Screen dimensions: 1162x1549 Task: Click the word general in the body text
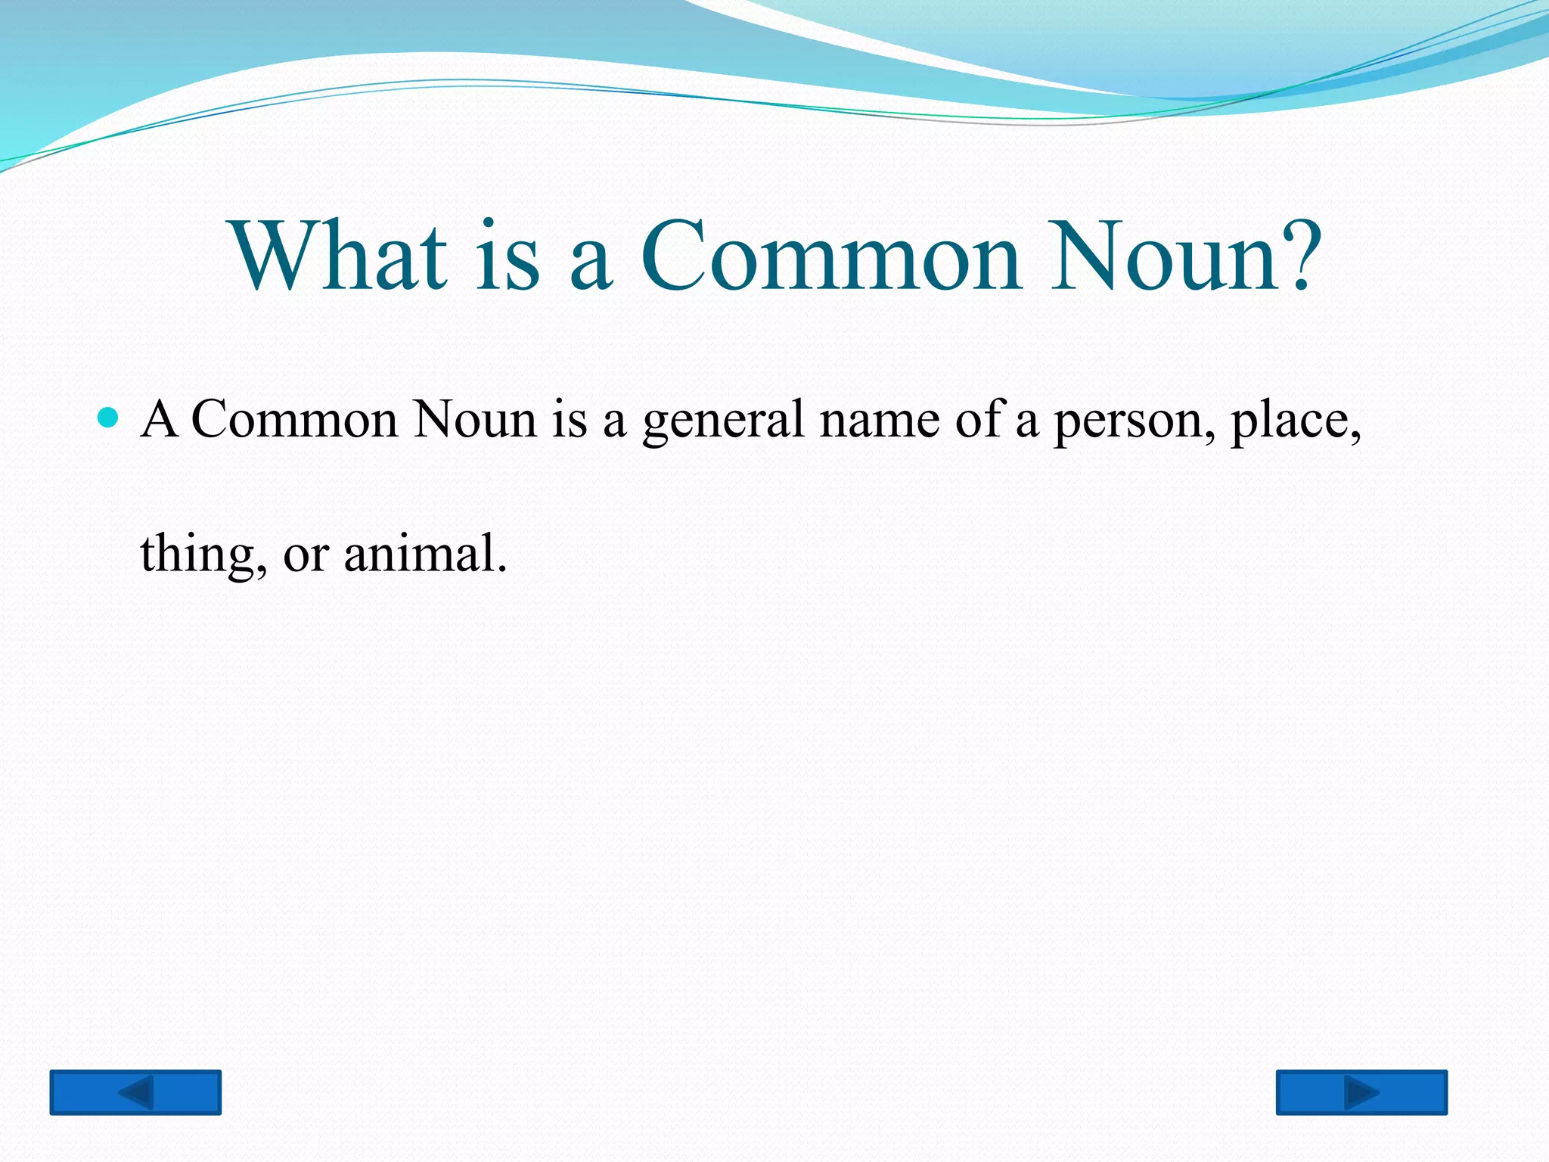click(x=723, y=421)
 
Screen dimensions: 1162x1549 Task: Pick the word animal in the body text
click(x=424, y=553)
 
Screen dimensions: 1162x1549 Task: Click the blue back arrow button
click(x=135, y=1092)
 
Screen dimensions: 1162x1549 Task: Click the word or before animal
click(x=306, y=555)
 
